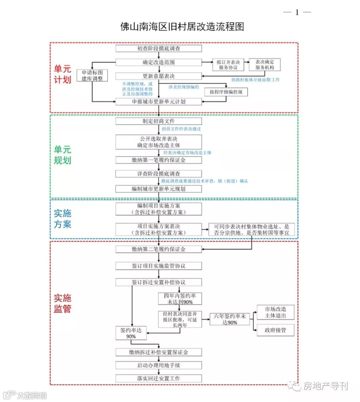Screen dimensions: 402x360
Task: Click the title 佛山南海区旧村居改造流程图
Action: (x=182, y=27)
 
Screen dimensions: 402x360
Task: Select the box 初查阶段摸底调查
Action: (x=159, y=49)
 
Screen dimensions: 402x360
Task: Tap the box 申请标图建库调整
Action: (x=92, y=76)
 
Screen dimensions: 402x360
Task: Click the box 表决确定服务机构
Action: (x=265, y=65)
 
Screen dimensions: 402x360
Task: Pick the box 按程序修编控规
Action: (x=226, y=92)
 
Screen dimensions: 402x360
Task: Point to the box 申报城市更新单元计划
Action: (x=159, y=102)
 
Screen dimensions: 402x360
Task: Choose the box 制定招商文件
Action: (x=159, y=121)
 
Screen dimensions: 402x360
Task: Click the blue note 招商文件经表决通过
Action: (x=181, y=129)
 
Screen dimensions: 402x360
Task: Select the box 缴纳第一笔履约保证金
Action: (x=159, y=160)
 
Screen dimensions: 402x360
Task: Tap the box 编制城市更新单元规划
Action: (x=159, y=189)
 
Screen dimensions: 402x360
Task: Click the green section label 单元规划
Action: (x=63, y=155)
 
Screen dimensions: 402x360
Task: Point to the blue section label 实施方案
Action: (x=63, y=219)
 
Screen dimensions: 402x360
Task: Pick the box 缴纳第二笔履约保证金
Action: (x=159, y=249)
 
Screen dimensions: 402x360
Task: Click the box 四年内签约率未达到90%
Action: (x=180, y=299)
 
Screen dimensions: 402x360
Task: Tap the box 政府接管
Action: (x=275, y=330)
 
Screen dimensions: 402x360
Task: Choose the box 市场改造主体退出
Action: (x=275, y=312)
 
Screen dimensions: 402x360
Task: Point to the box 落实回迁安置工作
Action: (x=159, y=378)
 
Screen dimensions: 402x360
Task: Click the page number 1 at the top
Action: (x=297, y=13)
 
